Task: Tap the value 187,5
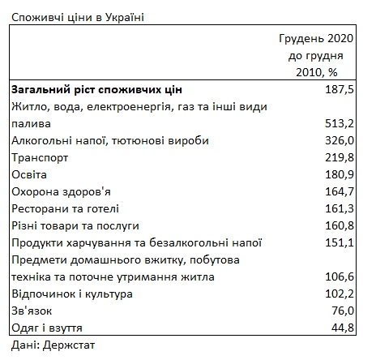pos(338,89)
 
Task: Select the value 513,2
pos(338,124)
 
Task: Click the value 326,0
pos(338,141)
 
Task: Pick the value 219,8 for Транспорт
pos(338,158)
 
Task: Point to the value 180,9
pos(338,175)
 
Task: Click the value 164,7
pos(338,192)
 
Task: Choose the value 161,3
pos(338,208)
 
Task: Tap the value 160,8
pos(338,225)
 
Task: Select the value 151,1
pos(338,242)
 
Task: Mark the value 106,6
pos(338,277)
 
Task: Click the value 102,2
pos(338,294)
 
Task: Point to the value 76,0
pos(342,311)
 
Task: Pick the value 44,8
pos(342,328)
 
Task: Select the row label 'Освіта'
pos(29,175)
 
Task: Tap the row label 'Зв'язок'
pos(33,311)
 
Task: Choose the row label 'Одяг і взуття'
pos(48,328)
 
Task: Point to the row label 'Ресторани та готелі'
pos(66,208)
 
